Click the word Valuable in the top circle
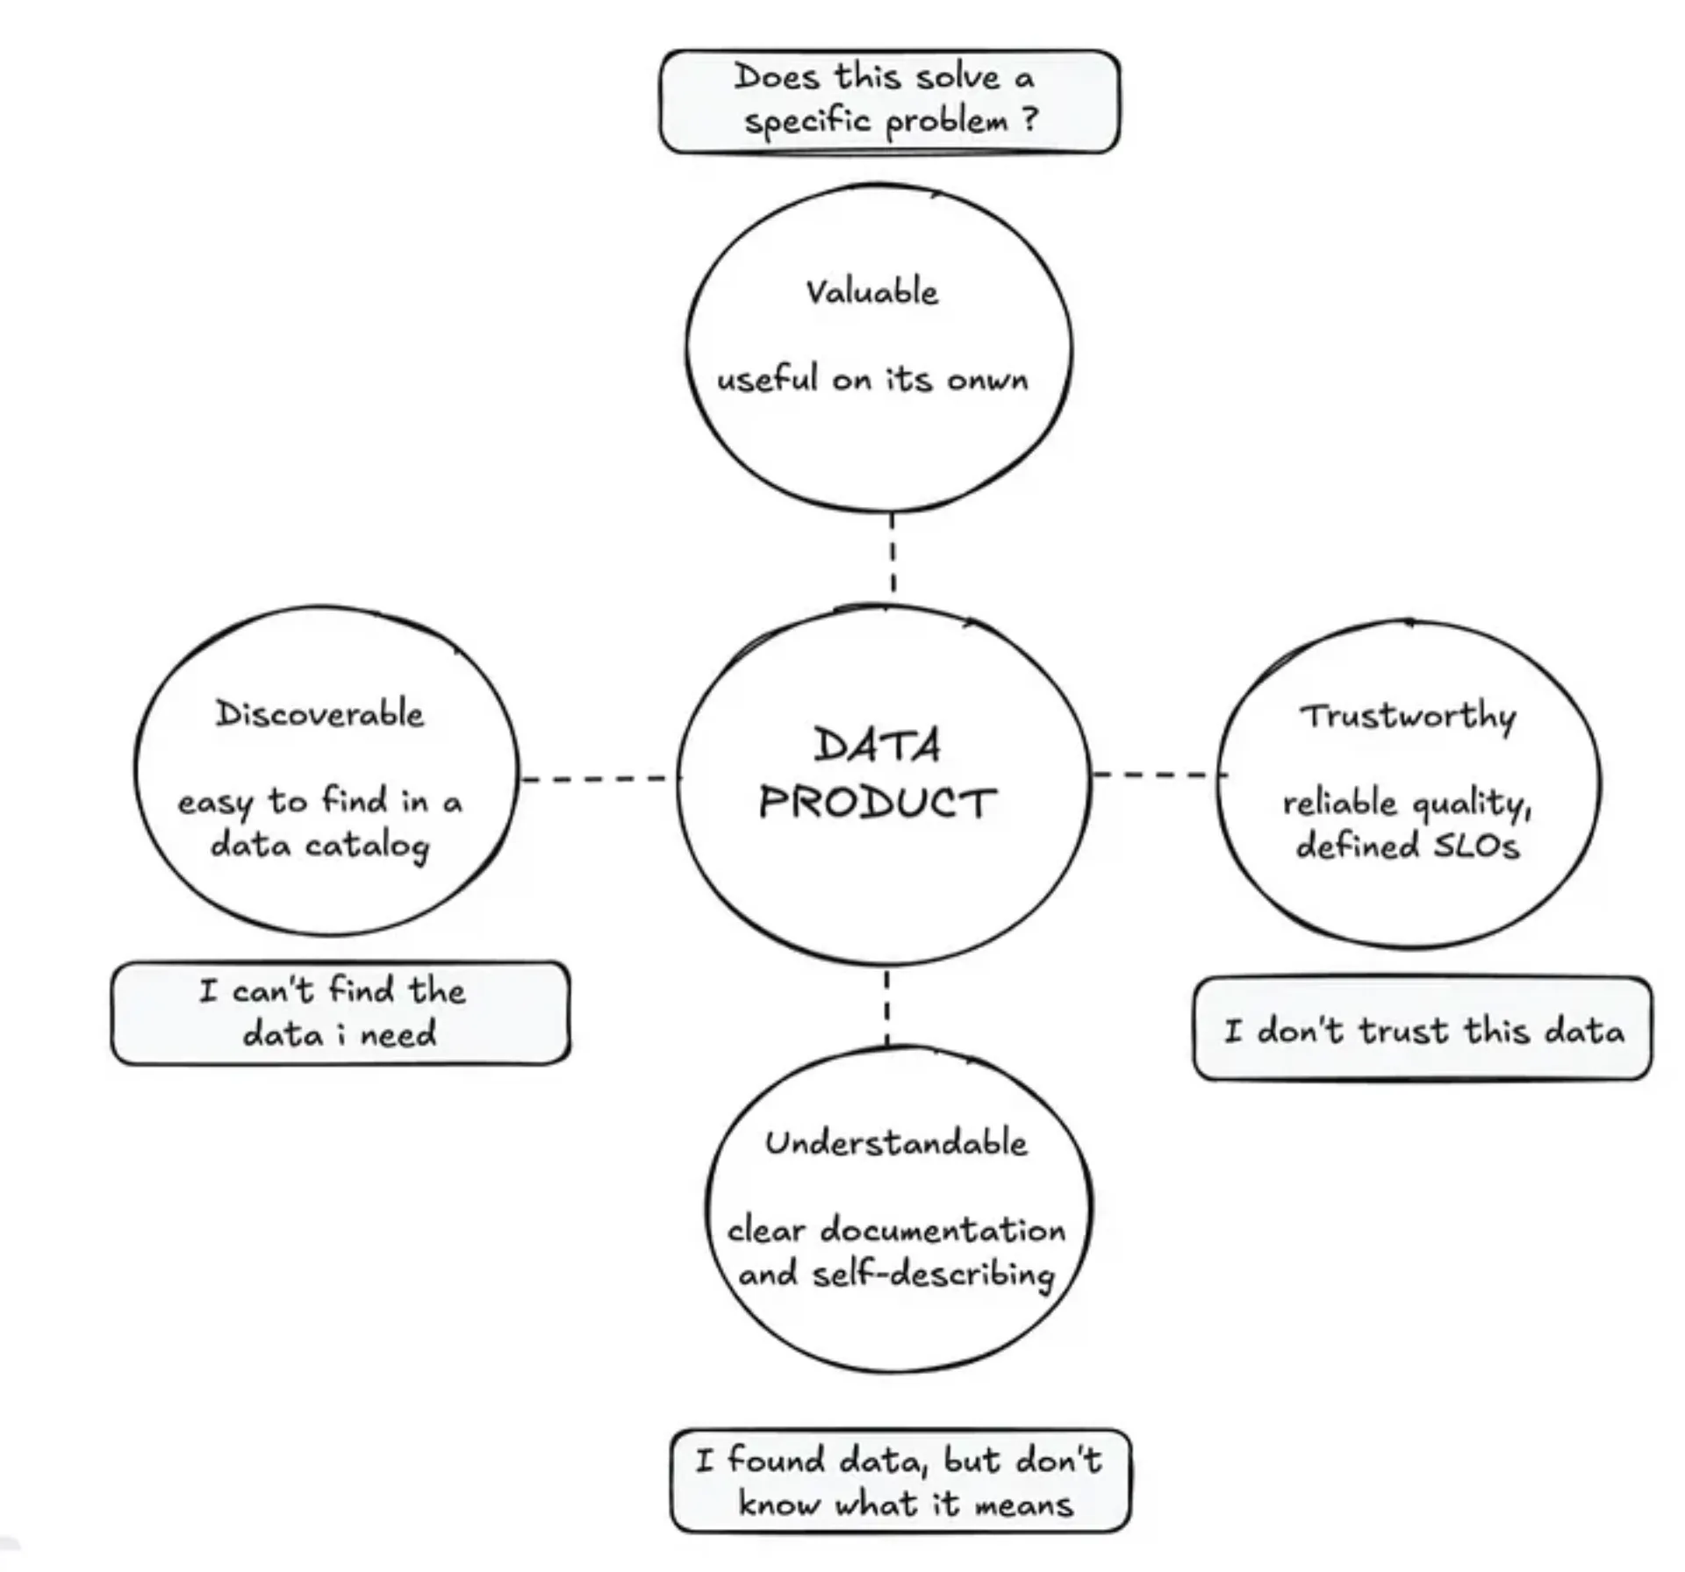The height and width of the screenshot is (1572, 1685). pos(871,292)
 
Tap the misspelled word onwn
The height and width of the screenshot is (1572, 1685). pos(987,380)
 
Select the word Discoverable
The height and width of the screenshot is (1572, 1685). pos(320,714)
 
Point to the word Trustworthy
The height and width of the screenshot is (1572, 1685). pos(1408,717)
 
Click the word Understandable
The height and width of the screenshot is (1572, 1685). pos(895,1143)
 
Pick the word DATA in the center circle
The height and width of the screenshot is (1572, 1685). pos(877,747)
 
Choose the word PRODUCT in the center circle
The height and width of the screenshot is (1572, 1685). pos(877,802)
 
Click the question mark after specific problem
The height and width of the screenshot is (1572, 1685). pos(1029,119)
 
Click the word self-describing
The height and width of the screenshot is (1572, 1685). pos(933,1274)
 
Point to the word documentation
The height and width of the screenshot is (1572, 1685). pos(943,1230)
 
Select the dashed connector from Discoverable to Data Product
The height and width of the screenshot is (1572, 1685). pos(597,778)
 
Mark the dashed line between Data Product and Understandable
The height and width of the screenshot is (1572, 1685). pos(887,1006)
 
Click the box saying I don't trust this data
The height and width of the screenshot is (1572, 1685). pos(1422,1030)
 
